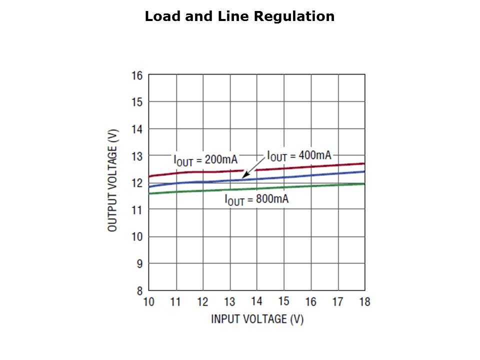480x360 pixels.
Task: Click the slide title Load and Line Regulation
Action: [239, 16]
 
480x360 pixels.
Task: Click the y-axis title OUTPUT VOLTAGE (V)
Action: [113, 180]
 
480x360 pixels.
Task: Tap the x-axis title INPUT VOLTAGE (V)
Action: [257, 319]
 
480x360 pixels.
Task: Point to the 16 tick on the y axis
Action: [137, 75]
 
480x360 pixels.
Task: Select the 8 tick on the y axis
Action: [139, 290]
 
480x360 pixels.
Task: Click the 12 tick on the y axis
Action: [137, 183]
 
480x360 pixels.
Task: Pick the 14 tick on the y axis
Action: [137, 129]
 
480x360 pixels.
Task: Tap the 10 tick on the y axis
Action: [137, 237]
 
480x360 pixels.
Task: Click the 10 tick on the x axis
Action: [149, 302]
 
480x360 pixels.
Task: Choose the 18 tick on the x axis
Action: [364, 302]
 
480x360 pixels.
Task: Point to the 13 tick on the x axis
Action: [229, 302]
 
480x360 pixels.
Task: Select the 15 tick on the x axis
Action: [283, 302]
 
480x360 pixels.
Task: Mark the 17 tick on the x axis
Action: [337, 302]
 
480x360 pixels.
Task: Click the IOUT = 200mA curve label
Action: [205, 160]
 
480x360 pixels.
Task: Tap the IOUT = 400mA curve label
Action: [299, 155]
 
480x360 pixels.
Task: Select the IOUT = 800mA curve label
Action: [256, 200]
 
